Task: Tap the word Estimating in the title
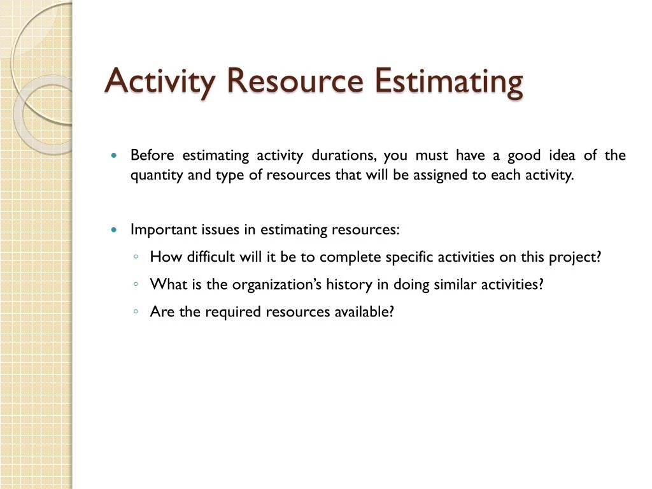coord(449,81)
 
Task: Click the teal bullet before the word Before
coord(114,156)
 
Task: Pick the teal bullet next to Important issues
coord(114,230)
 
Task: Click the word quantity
coord(157,176)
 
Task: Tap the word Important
coord(164,230)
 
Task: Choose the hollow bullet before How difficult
coord(137,257)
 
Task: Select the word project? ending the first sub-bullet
coord(577,257)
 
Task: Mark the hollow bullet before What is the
coord(137,285)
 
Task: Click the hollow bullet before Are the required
coord(137,312)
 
